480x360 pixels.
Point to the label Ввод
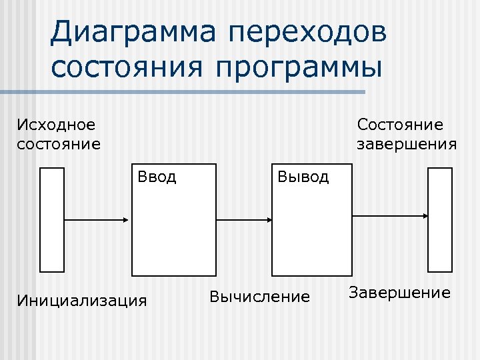point(157,177)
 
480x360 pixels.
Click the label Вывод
point(303,177)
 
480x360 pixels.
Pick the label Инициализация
point(82,300)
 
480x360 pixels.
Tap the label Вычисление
point(260,296)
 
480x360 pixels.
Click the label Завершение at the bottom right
point(400,293)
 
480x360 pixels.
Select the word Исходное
point(56,125)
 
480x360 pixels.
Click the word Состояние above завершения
point(400,125)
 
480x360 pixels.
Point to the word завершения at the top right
point(407,144)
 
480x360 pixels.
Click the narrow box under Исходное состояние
point(53,219)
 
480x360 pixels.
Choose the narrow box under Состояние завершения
point(440,219)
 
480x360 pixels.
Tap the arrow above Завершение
point(390,215)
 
